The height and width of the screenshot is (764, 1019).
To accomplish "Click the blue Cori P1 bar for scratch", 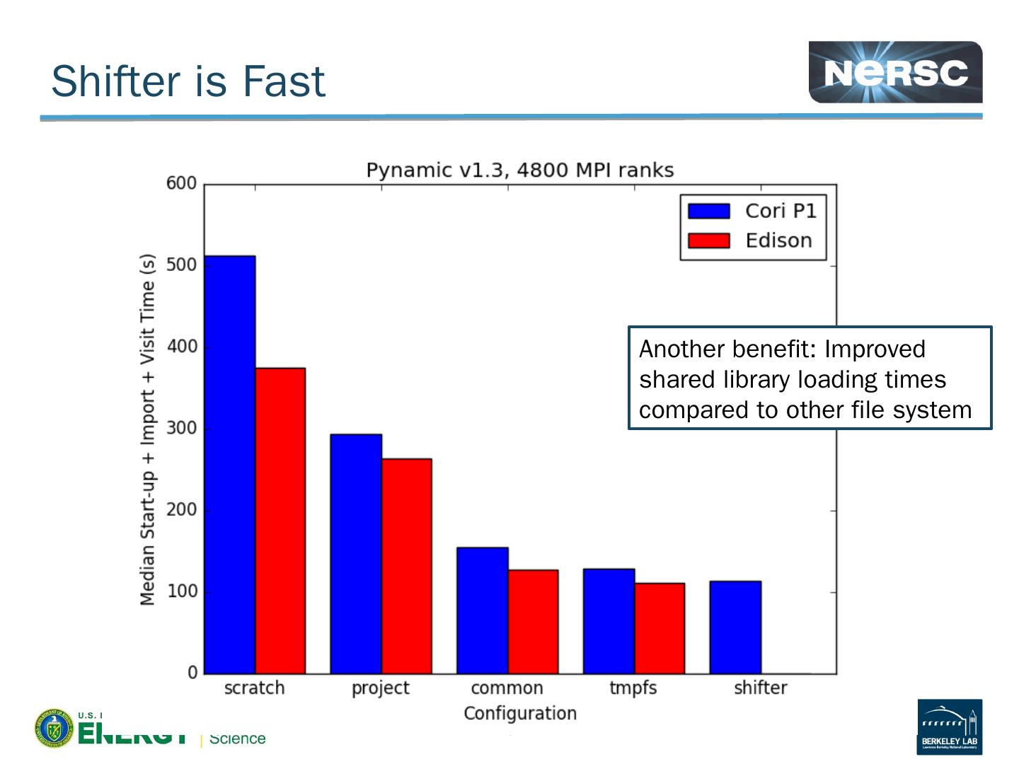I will pyautogui.click(x=229, y=464).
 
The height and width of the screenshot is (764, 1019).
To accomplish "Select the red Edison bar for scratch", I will pyautogui.click(x=280, y=520).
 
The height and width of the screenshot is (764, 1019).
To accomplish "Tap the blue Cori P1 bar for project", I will pyautogui.click(x=356, y=553).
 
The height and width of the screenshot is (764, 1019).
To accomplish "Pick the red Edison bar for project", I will pyautogui.click(x=407, y=566).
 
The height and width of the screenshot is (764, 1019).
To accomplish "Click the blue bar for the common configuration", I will pyautogui.click(x=483, y=610).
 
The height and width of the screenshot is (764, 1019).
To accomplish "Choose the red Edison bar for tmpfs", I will pyautogui.click(x=660, y=628).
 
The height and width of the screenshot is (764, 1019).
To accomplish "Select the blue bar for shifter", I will pyautogui.click(x=735, y=627).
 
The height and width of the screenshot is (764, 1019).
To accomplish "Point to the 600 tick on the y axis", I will pyautogui.click(x=181, y=183).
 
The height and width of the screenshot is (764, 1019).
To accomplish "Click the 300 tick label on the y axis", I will pyautogui.click(x=181, y=428).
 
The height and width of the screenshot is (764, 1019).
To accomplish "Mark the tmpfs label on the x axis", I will pyautogui.click(x=633, y=688).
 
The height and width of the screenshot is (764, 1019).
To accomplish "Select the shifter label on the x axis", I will pyautogui.click(x=760, y=688).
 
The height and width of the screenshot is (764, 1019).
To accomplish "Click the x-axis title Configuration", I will pyautogui.click(x=520, y=713).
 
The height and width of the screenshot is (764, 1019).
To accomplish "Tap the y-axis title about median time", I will pyautogui.click(x=147, y=429).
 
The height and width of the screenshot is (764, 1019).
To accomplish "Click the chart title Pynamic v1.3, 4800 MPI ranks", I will pyautogui.click(x=519, y=170).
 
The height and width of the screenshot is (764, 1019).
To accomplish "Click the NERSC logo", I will pyautogui.click(x=895, y=72).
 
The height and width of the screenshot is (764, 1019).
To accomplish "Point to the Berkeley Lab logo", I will pyautogui.click(x=950, y=727).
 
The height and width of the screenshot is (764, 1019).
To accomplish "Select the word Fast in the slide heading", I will pyautogui.click(x=284, y=81).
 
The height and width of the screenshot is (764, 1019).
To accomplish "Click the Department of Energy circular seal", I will pyautogui.click(x=53, y=728).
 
